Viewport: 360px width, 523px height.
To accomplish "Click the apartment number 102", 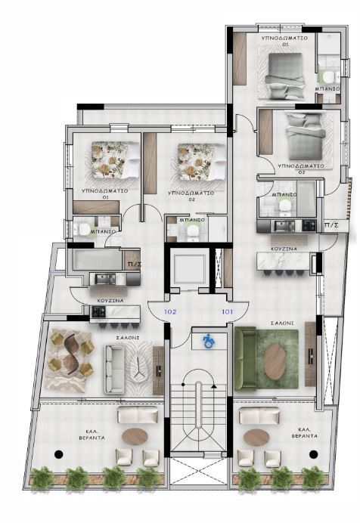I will tap(170, 311).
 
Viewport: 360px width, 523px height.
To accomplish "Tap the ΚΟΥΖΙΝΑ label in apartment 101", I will tap(284, 247).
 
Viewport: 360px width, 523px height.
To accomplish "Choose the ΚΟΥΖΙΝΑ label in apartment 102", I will tap(110, 300).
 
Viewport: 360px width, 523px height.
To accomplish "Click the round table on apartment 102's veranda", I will tap(137, 436).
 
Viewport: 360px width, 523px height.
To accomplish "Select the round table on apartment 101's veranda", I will tap(256, 437).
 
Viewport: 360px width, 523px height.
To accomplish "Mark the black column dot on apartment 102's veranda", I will tap(58, 453).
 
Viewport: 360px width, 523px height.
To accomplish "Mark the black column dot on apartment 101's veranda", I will tap(312, 453).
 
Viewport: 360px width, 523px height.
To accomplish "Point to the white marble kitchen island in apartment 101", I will tap(284, 261).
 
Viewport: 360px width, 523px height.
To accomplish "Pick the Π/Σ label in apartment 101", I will tap(331, 225).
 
